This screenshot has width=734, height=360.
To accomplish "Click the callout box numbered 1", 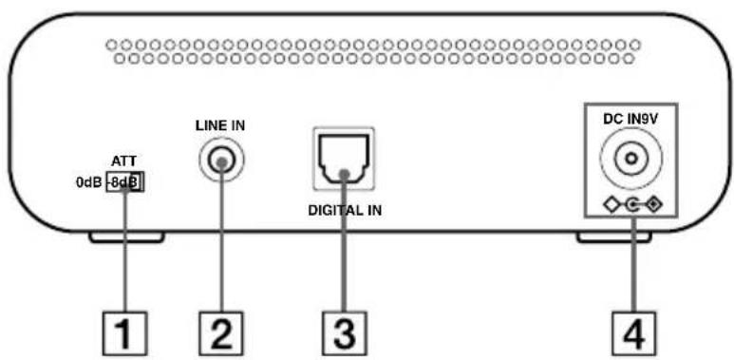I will [125, 333].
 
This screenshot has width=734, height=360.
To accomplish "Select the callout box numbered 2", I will [220, 333].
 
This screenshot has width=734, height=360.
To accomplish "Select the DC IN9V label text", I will [629, 121].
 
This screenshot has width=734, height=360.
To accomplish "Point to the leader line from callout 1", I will [125, 252].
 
